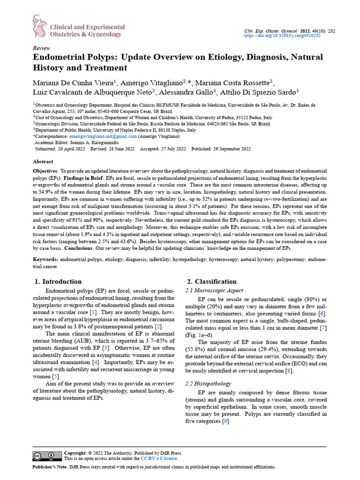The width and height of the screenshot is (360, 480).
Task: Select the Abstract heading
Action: pyautogui.click(x=43, y=161)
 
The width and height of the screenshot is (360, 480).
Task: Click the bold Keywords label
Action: pyautogui.click(x=45, y=259)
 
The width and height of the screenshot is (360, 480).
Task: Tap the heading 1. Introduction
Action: pyautogui.click(x=59, y=282)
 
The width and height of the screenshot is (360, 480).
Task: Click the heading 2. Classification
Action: pyautogui.click(x=211, y=282)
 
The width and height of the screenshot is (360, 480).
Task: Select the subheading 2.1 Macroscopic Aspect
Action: pyautogui.click(x=214, y=291)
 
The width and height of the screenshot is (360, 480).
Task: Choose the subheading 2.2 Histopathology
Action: pyautogui.click(x=208, y=383)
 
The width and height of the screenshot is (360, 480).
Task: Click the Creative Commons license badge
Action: pyautogui.click(x=46, y=456)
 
